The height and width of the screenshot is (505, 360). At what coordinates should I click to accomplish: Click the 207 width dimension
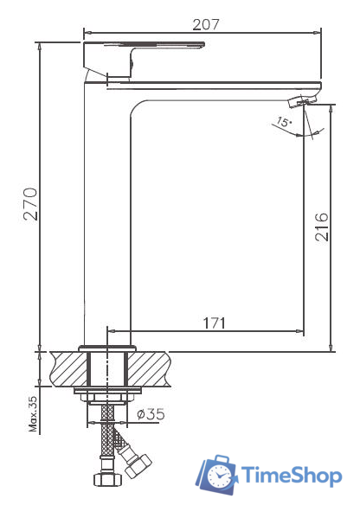pos(206,25)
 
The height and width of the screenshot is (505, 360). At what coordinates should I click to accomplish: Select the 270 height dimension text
pos(30,204)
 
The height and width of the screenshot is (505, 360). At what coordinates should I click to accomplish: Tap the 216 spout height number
pos(322,227)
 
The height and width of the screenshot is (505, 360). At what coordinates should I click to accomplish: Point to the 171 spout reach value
pos(215,323)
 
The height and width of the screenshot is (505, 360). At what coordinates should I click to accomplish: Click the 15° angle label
pos(284,122)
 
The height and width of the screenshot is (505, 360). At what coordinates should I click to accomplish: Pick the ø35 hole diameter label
pos(151,414)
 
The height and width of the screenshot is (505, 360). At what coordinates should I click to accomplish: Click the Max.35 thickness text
pos(33,414)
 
